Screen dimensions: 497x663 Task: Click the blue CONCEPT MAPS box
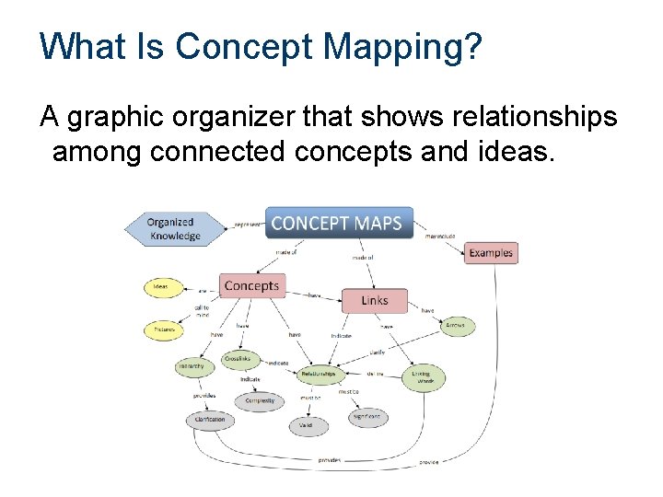tap(339, 223)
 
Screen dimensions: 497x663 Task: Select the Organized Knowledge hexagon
tap(174, 228)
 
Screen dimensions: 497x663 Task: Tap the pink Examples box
tap(489, 252)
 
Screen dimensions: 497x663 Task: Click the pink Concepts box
tap(250, 285)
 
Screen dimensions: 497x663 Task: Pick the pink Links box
tap(374, 300)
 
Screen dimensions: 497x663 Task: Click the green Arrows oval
tap(454, 325)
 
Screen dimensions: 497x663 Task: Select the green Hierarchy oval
tap(195, 366)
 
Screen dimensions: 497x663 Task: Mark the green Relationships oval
tap(320, 375)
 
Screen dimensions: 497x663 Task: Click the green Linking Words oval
tap(422, 377)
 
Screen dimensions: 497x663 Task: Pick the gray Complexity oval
tap(260, 401)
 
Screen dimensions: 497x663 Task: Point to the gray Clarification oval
tap(209, 420)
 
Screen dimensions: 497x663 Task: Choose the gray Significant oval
tap(367, 417)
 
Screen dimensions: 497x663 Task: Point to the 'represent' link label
tap(246, 223)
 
